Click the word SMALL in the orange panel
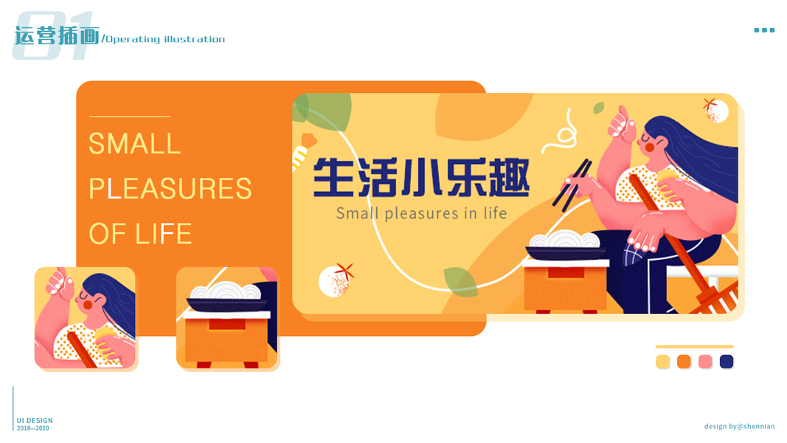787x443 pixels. [134, 144]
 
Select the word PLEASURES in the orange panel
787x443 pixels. [170, 189]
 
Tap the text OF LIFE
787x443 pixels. [140, 233]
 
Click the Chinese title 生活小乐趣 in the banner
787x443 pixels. [421, 177]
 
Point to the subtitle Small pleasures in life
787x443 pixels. [422, 213]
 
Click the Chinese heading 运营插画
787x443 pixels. [57, 35]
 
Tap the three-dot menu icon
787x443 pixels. [764, 30]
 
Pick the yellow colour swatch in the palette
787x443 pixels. [662, 362]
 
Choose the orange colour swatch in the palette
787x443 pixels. [684, 362]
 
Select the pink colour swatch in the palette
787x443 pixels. [705, 362]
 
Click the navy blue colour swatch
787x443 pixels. [727, 362]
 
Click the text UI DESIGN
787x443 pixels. [35, 420]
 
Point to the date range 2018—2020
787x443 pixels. [33, 428]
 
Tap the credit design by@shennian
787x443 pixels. [739, 427]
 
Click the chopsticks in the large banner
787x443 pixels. [572, 185]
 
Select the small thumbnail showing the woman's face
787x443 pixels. [85, 317]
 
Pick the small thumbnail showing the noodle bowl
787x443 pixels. [227, 317]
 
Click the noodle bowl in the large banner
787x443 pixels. [566, 246]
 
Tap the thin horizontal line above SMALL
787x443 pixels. [130, 117]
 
